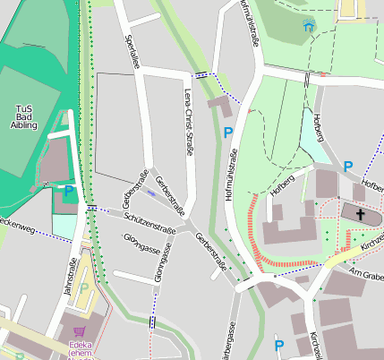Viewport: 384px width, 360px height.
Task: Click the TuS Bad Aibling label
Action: click(x=26, y=116)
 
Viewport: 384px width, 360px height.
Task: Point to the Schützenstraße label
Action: click(x=149, y=219)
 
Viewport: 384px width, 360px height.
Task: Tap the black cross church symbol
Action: click(x=361, y=214)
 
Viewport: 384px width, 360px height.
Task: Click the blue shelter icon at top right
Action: click(x=309, y=25)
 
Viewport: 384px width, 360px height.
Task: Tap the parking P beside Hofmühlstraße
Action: click(x=228, y=133)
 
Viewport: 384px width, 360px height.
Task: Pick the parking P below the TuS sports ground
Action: click(x=68, y=190)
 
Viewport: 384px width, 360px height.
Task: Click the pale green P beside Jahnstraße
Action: click(x=84, y=288)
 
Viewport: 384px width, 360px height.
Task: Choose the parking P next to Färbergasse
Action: click(x=279, y=345)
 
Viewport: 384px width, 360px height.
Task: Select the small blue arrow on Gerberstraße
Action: click(x=150, y=193)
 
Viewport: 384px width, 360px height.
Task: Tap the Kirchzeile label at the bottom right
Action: click(x=313, y=345)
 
